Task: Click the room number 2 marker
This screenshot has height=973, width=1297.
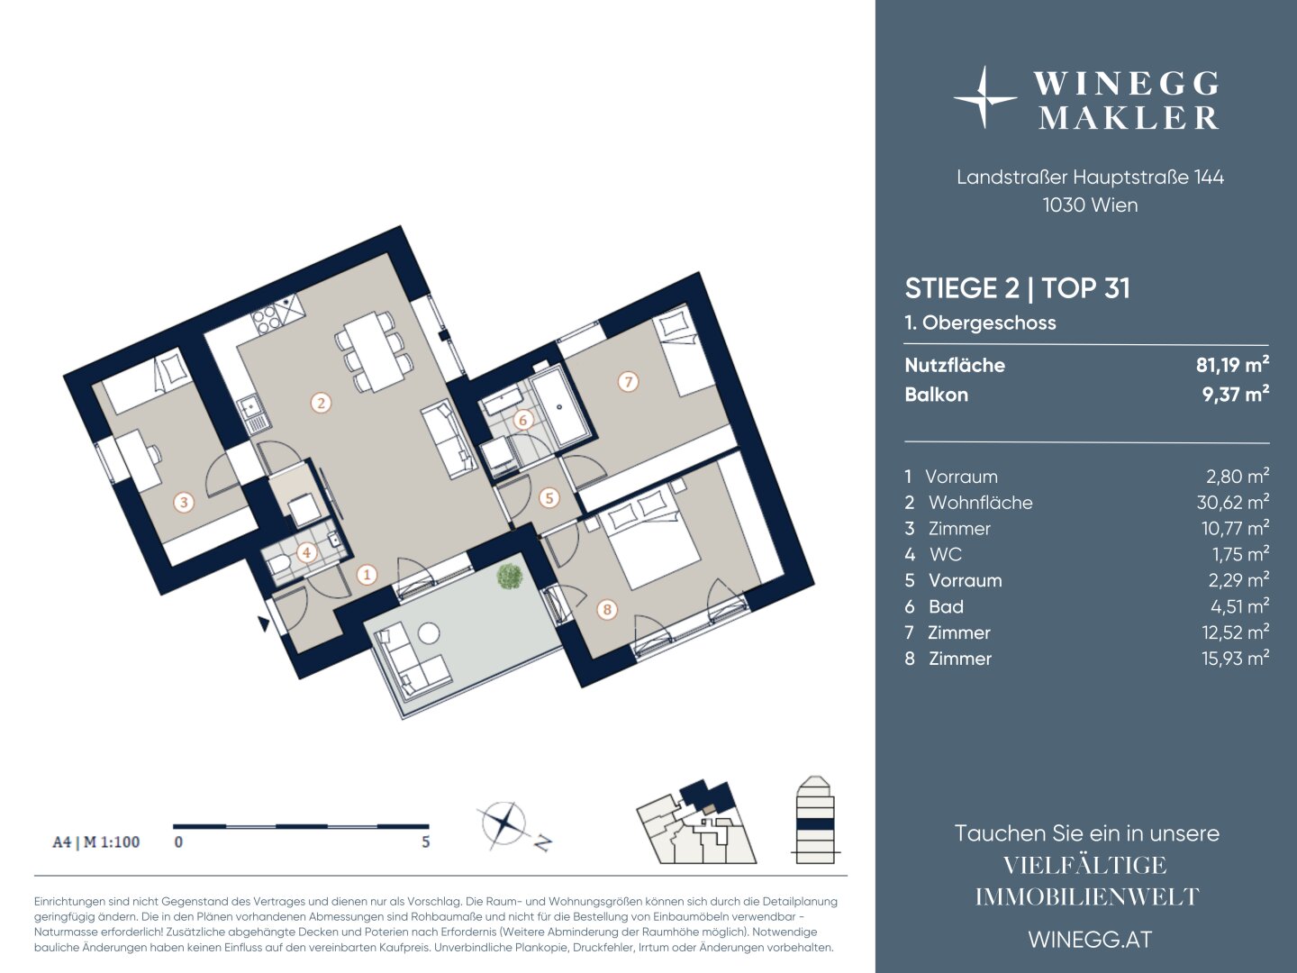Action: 321,404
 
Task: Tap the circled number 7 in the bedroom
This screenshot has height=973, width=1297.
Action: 628,382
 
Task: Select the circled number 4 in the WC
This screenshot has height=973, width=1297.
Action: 306,553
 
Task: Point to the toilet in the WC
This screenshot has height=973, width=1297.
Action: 279,564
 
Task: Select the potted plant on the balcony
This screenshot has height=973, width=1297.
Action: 509,576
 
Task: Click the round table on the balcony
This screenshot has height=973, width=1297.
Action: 429,633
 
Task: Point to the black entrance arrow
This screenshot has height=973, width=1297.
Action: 264,623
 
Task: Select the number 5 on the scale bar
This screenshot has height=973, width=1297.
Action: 425,841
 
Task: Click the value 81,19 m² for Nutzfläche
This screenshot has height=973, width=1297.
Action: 1232,365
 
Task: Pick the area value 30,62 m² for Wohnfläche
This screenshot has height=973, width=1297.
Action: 1232,502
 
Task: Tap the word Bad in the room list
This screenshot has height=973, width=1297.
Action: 946,606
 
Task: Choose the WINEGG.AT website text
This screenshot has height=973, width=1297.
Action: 1090,940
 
